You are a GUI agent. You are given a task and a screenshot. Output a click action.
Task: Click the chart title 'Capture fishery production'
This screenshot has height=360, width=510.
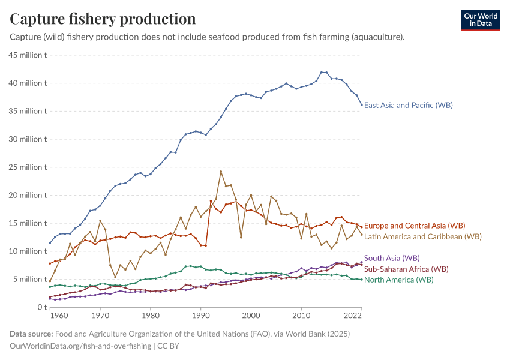[x=103, y=19]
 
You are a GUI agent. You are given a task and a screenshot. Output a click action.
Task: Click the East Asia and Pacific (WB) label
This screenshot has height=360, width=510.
[x=408, y=105]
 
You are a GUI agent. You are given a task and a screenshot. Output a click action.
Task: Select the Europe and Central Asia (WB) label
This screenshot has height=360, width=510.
[x=415, y=226]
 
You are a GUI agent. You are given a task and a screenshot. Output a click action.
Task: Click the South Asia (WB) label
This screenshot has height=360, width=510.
[x=392, y=258]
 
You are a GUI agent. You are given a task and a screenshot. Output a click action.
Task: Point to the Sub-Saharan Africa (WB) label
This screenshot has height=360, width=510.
[x=406, y=269]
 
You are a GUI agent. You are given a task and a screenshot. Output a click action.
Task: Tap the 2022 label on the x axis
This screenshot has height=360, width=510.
[x=352, y=314]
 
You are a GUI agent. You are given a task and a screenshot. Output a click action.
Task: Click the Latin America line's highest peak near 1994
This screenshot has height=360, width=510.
[x=221, y=172]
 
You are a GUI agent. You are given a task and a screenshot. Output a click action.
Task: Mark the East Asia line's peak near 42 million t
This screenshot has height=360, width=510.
[x=322, y=72]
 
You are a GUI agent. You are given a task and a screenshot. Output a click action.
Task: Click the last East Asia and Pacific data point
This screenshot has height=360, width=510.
[x=361, y=105]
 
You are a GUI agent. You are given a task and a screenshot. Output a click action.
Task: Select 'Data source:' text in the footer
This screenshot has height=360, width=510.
[x=31, y=334]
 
